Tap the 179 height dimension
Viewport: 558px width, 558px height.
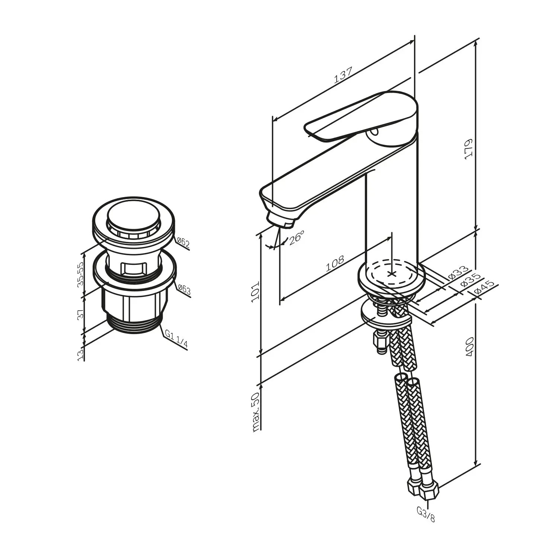click(x=468, y=150)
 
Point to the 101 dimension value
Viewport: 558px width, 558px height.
click(x=256, y=292)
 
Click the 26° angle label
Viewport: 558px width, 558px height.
click(x=296, y=237)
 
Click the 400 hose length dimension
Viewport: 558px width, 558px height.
click(x=469, y=347)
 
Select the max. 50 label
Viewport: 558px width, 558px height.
click(x=256, y=412)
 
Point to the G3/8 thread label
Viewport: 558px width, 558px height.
click(x=426, y=515)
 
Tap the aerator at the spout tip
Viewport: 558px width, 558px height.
click(x=281, y=219)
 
